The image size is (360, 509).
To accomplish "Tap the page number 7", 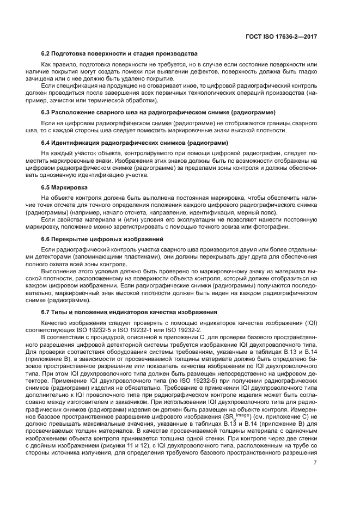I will point(315,463).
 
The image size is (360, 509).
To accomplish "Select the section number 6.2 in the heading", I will point(46,53).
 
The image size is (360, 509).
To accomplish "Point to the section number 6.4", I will point(46,143).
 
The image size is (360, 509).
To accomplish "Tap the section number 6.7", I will point(46,312).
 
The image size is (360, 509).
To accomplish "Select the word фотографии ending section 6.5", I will point(272,228).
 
